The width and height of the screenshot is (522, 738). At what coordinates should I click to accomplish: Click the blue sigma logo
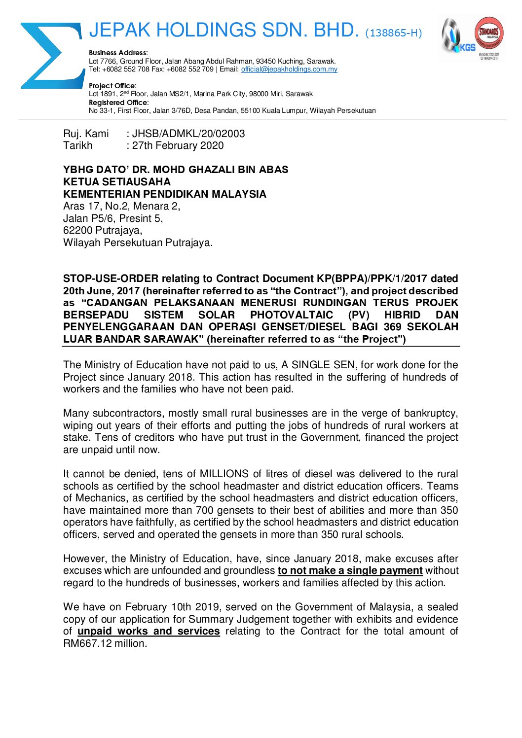coord(49,55)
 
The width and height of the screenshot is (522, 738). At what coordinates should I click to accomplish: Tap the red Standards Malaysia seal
coord(488,35)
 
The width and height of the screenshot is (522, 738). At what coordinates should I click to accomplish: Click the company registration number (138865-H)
coord(393,33)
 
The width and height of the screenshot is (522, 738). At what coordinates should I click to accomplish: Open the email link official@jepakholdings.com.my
coord(289,70)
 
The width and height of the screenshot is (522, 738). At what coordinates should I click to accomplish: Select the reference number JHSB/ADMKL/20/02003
coord(188,134)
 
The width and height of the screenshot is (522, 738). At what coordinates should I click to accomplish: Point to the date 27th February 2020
coord(178,145)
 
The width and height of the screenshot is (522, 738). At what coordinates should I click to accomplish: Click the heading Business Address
coord(118,53)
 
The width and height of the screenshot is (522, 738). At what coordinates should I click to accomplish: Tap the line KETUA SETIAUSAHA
coord(117,182)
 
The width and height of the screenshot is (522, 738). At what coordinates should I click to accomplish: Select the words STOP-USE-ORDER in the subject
coord(111,279)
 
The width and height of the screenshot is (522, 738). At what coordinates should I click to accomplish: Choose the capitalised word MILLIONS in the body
coord(224,474)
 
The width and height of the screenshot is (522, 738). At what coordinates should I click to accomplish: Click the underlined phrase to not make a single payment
coord(350,570)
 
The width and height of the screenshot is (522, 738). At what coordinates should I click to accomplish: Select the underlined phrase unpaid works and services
coord(149,631)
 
